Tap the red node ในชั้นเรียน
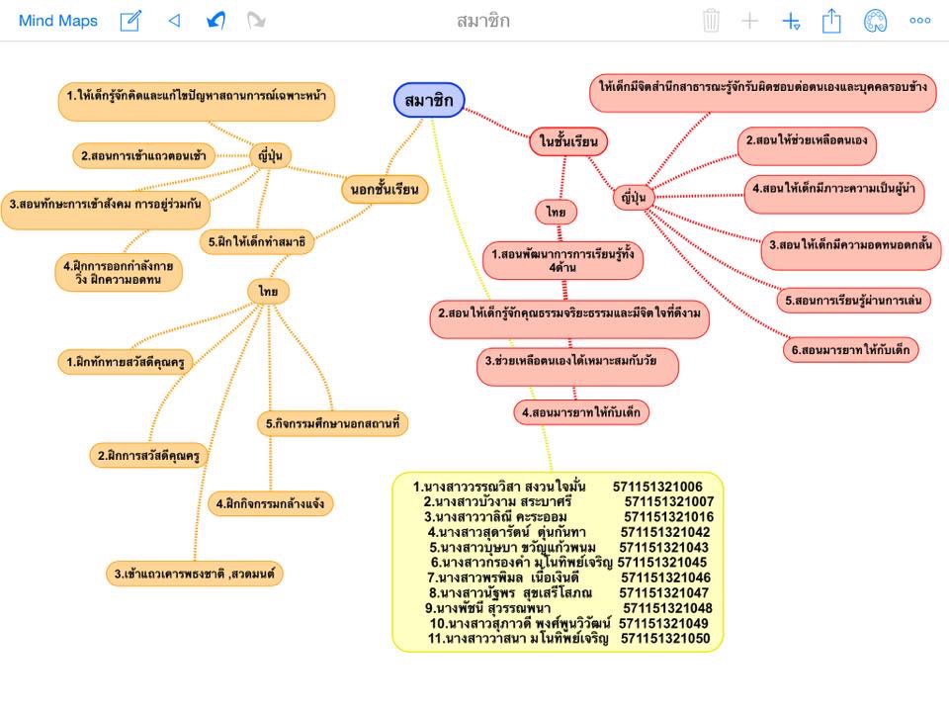[568, 141]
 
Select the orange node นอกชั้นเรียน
[385, 187]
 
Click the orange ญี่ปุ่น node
[269, 155]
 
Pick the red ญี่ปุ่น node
[635, 198]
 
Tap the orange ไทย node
[268, 291]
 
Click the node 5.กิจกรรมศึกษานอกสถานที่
[334, 423]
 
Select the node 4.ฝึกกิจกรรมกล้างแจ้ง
[270, 503]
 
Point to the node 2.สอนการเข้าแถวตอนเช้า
[144, 155]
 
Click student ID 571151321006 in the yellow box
[657, 487]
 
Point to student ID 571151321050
[665, 639]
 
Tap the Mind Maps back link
[58, 21]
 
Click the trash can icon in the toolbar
[711, 21]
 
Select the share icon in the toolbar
[831, 21]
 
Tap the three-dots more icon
[919, 21]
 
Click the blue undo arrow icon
[216, 21]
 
